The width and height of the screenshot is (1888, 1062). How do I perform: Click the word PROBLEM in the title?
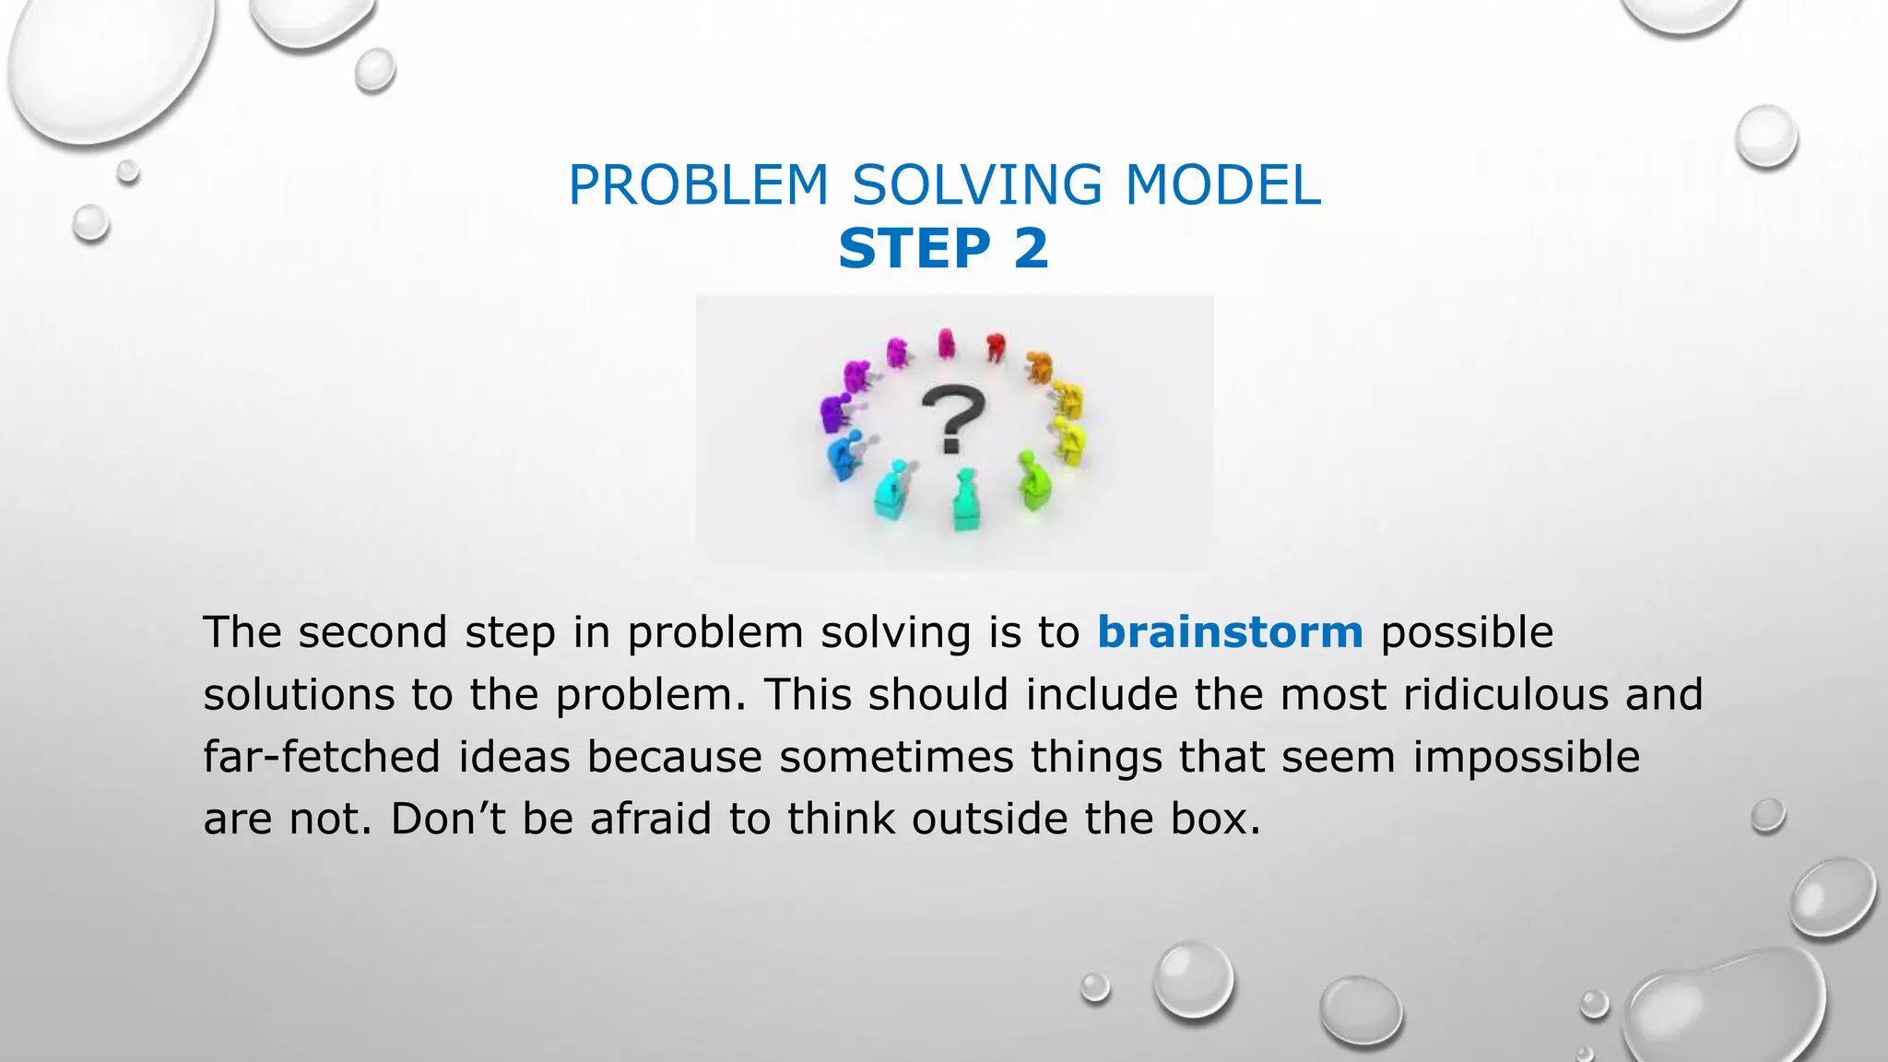point(699,185)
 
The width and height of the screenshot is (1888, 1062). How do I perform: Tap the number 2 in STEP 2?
point(1031,249)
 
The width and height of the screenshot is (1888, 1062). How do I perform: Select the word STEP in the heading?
point(914,249)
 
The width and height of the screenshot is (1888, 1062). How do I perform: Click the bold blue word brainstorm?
point(1230,633)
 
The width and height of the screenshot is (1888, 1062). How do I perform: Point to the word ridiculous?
point(1506,695)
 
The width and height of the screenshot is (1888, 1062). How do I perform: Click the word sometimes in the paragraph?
point(896,758)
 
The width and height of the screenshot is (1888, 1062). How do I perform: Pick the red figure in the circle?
point(995,348)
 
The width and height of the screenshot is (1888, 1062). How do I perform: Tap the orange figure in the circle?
point(1040,366)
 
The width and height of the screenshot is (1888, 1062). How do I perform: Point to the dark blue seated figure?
point(843,454)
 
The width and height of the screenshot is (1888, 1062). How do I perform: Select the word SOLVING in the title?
point(976,185)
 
